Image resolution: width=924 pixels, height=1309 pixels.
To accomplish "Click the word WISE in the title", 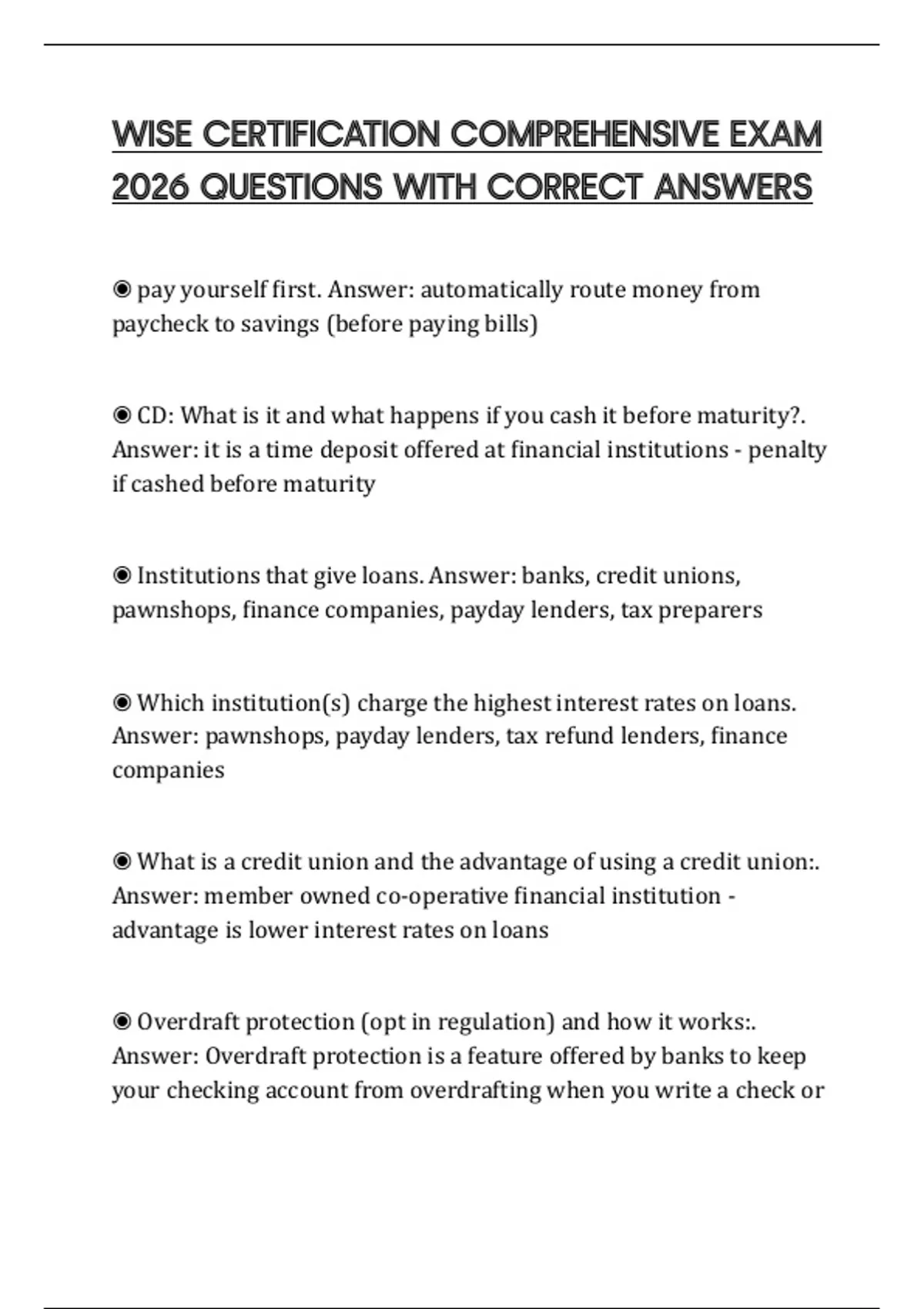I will (152, 135).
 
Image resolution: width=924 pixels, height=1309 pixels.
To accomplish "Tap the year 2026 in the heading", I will (150, 187).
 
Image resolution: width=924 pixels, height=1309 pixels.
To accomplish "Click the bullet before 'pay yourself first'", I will (122, 290).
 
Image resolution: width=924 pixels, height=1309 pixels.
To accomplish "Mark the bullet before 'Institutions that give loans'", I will (122, 576).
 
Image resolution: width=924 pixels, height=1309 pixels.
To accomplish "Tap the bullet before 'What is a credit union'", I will (122, 862).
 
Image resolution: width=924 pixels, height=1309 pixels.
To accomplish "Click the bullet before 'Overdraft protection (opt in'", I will (122, 1022).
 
